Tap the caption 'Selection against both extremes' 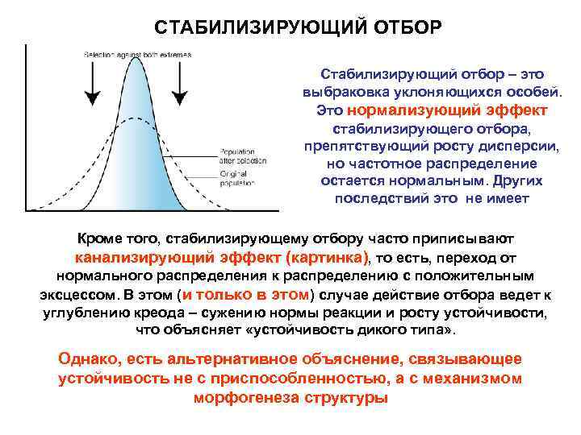coord(137,55)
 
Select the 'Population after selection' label coord(236,155)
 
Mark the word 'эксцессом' coord(76,294)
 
